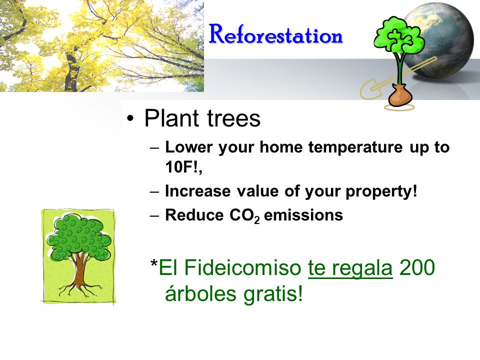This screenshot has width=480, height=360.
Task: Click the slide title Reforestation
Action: click(x=276, y=34)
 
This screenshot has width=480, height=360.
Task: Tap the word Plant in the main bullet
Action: click(x=171, y=118)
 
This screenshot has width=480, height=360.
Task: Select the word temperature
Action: click(x=355, y=147)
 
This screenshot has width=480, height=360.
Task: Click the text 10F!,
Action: click(x=183, y=167)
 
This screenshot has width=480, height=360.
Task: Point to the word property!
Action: click(x=381, y=192)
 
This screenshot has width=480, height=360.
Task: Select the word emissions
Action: click(x=303, y=215)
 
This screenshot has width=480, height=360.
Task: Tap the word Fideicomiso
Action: click(x=243, y=267)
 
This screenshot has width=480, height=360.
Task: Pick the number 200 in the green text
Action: click(x=417, y=267)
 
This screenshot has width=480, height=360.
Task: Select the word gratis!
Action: click(x=273, y=294)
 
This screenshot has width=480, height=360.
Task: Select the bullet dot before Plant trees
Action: click(x=130, y=118)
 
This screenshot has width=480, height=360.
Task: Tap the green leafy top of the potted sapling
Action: click(x=399, y=35)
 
